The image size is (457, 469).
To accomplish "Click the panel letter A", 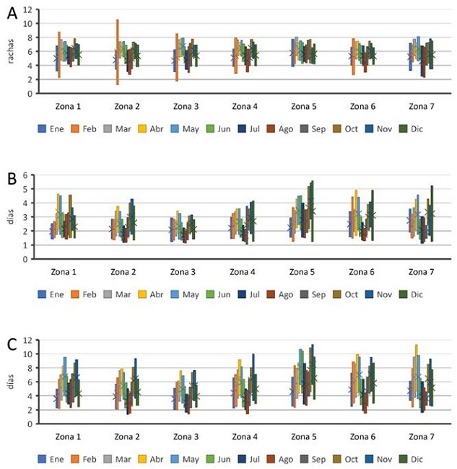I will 8,12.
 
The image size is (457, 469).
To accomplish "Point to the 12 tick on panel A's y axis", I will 27,9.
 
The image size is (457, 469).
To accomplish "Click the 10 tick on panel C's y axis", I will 27,354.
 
